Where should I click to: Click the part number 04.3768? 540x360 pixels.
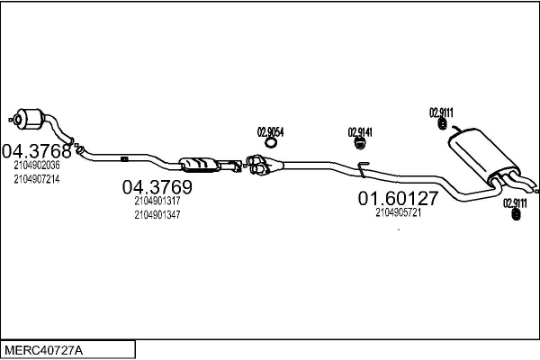tap(35, 149)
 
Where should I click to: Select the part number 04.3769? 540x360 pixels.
tap(157, 187)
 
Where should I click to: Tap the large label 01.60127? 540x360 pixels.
tap(398, 198)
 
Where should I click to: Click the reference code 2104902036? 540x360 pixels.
tap(37, 166)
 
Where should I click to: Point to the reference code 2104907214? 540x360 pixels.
tap(37, 179)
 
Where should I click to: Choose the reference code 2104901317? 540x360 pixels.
tap(157, 202)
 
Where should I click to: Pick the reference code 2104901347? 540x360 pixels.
tap(157, 215)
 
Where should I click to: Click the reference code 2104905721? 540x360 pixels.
tap(399, 212)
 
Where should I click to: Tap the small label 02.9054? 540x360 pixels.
tap(271, 131)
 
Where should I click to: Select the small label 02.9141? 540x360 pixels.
tap(360, 132)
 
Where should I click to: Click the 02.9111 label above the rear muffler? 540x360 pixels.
tap(441, 112)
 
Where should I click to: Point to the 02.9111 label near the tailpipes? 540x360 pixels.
tap(515, 202)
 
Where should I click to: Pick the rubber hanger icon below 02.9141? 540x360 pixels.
tap(360, 142)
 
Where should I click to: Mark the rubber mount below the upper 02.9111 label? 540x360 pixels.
tap(443, 125)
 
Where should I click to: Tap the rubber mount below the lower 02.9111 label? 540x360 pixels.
tap(516, 215)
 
